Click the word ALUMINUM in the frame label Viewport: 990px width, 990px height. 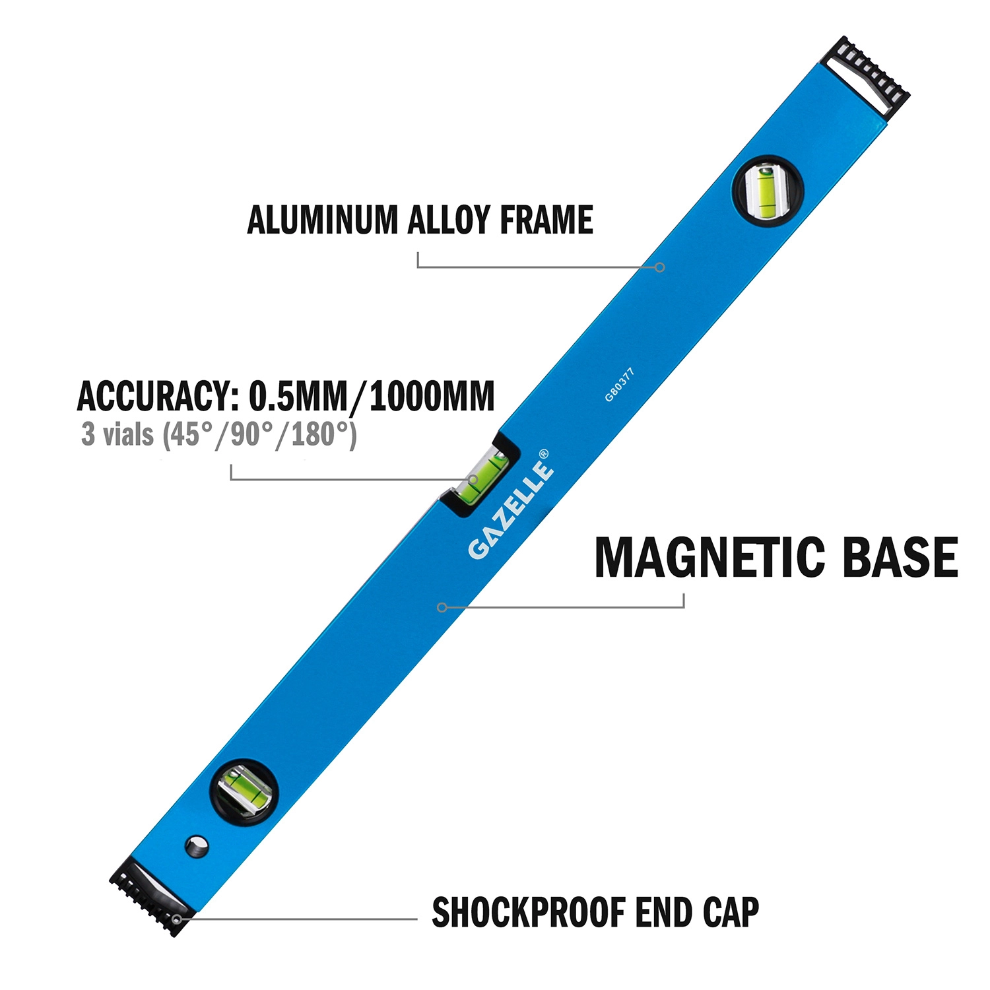point(323,220)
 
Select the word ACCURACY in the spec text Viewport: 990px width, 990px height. point(158,396)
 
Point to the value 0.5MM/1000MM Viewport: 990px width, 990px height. point(372,396)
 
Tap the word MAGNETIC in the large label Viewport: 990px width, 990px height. point(710,558)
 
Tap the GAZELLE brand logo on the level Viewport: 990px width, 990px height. point(510,510)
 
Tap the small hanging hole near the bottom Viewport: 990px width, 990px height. point(197,847)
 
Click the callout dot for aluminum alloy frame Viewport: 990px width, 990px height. point(659,267)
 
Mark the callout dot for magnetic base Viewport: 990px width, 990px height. point(442,607)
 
